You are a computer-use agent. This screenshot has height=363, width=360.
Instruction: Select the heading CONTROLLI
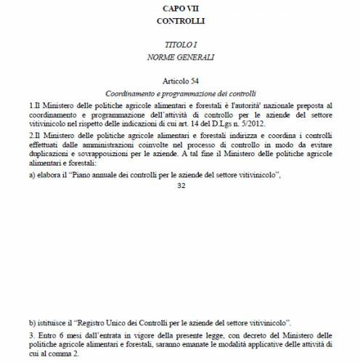(x=180, y=21)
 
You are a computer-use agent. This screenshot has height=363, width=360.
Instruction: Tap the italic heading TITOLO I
(x=180, y=45)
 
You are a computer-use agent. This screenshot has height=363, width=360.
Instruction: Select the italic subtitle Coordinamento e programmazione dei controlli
(x=180, y=95)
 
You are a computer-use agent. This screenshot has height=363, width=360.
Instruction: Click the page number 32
(x=180, y=185)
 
